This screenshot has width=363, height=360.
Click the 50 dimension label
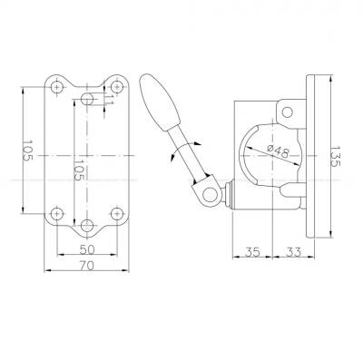point(87,249)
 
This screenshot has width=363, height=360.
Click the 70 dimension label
point(87,266)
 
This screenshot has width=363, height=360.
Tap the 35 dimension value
point(252,252)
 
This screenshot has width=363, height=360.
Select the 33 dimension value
point(293,252)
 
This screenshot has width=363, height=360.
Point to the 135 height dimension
point(335,156)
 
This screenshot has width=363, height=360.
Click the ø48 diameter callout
point(278,151)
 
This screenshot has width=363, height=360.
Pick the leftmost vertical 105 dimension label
point(28,151)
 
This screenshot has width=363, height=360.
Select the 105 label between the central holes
point(79,170)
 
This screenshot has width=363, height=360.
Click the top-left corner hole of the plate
point(56,87)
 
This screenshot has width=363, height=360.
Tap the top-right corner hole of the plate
point(116,87)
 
